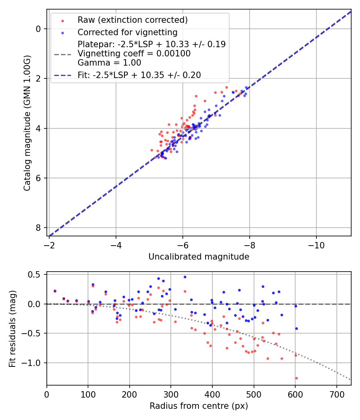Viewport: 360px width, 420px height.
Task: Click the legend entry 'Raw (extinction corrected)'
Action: tap(132, 20)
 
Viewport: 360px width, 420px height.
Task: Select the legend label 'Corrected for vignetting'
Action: tap(127, 32)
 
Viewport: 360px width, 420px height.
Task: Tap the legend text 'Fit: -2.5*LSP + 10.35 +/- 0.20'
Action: tap(139, 75)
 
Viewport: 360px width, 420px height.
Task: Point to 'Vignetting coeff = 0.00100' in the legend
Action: tap(134, 54)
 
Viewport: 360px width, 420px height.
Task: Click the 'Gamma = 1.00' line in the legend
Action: tap(109, 63)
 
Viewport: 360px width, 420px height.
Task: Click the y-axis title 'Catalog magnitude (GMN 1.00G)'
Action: tap(27, 123)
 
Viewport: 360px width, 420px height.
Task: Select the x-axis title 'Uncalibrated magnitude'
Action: tap(199, 257)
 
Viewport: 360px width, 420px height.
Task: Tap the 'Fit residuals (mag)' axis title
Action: tap(12, 328)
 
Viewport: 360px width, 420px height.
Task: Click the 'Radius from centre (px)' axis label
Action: tap(199, 406)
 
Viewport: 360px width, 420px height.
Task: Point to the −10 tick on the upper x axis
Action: tap(316, 244)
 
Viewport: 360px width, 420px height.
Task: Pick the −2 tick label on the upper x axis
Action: tap(49, 244)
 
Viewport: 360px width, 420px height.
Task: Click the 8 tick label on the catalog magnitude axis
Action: tap(38, 228)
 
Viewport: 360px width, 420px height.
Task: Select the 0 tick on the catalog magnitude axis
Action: tap(38, 29)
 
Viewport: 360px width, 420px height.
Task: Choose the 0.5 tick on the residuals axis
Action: tap(36, 274)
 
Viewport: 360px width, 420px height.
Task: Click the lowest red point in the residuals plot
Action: tap(296, 378)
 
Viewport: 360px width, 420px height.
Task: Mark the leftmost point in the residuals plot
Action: tap(55, 291)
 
